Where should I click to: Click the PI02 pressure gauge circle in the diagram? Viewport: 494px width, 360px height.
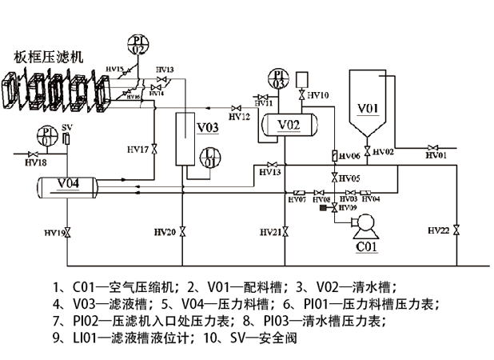point(138,44)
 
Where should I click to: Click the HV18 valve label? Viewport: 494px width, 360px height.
point(34,162)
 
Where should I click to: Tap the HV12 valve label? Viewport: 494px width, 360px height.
point(239,117)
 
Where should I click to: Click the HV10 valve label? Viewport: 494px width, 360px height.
point(318,96)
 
